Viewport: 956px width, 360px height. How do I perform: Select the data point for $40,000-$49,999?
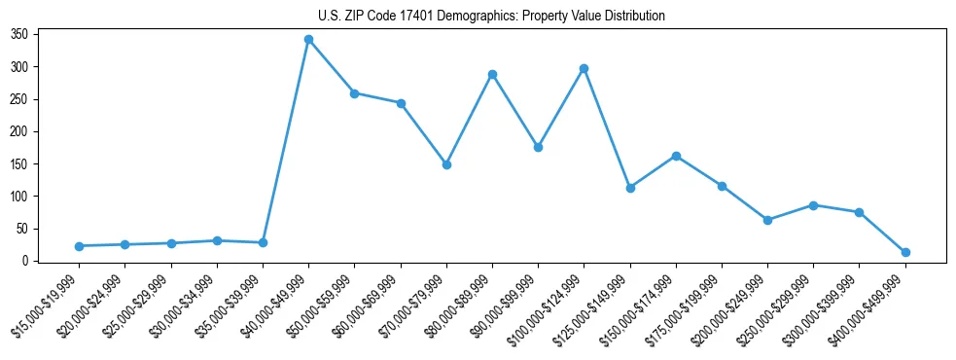point(308,39)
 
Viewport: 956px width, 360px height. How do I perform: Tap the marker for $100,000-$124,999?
point(584,68)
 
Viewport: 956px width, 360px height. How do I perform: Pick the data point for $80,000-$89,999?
point(492,74)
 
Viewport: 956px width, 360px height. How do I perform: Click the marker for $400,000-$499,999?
point(905,252)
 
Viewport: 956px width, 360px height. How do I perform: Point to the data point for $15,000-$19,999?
point(79,246)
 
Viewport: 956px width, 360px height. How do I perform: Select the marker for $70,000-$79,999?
point(446,164)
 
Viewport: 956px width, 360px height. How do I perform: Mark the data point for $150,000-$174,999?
point(676,156)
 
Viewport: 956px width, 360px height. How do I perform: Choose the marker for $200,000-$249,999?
point(767,220)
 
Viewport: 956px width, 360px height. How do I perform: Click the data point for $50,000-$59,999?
point(354,93)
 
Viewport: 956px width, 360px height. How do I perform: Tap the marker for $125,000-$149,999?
point(630,188)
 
